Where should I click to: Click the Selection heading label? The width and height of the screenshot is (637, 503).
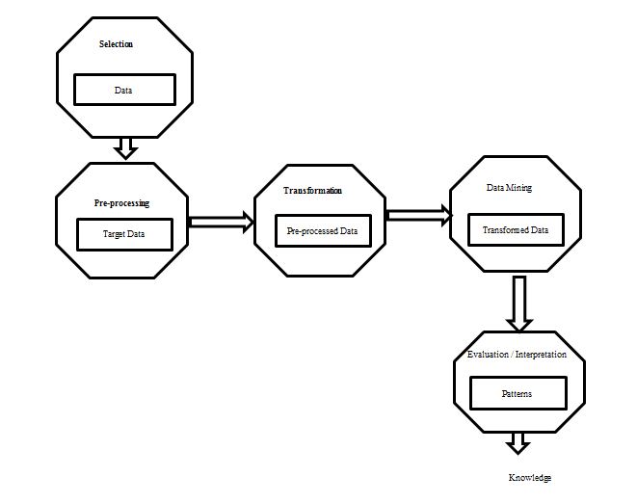click(116, 44)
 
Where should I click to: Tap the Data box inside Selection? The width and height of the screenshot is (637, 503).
click(124, 90)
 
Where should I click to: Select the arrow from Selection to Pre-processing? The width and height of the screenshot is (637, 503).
click(125, 148)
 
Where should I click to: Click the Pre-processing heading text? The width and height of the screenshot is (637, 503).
click(121, 203)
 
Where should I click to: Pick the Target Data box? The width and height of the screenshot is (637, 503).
click(124, 234)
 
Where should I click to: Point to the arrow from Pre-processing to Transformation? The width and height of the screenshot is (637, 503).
click(221, 223)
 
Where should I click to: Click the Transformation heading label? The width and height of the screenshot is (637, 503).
click(312, 191)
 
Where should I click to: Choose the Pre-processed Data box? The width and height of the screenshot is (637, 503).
click(323, 230)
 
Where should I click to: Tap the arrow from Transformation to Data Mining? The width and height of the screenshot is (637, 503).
click(418, 215)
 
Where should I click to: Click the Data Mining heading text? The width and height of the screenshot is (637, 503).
click(509, 188)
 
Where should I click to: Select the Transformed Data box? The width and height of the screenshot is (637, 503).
click(516, 230)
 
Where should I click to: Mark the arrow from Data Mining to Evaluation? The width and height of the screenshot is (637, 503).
click(519, 304)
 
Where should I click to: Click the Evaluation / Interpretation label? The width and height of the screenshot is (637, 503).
click(517, 355)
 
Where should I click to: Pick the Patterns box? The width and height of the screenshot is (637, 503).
click(518, 393)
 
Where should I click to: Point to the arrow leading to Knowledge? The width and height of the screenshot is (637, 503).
click(518, 443)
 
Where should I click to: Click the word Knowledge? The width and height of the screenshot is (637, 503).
click(530, 478)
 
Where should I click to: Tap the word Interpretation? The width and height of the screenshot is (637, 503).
click(541, 355)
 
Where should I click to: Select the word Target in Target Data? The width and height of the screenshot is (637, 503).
click(114, 234)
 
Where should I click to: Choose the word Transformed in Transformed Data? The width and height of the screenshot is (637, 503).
click(505, 230)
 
